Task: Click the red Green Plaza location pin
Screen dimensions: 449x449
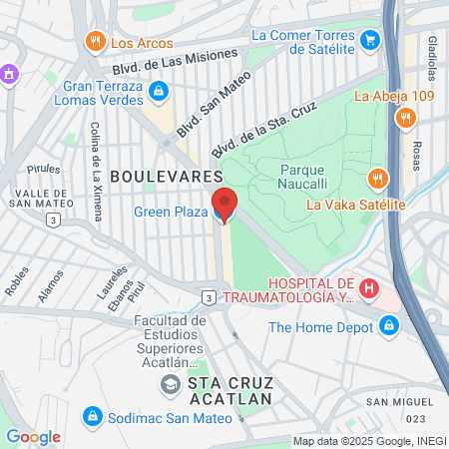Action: point(224,204)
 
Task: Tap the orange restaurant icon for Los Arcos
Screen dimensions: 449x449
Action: point(96,42)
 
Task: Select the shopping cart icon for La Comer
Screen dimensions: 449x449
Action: point(371,41)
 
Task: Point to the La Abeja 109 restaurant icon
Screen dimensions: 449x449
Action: point(405,118)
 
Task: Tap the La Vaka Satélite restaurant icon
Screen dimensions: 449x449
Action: point(377,181)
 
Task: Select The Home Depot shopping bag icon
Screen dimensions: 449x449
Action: point(389,325)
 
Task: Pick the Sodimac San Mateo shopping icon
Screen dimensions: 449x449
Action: point(92,414)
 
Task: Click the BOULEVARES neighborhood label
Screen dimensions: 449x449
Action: point(152,176)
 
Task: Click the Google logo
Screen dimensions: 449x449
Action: point(34,436)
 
